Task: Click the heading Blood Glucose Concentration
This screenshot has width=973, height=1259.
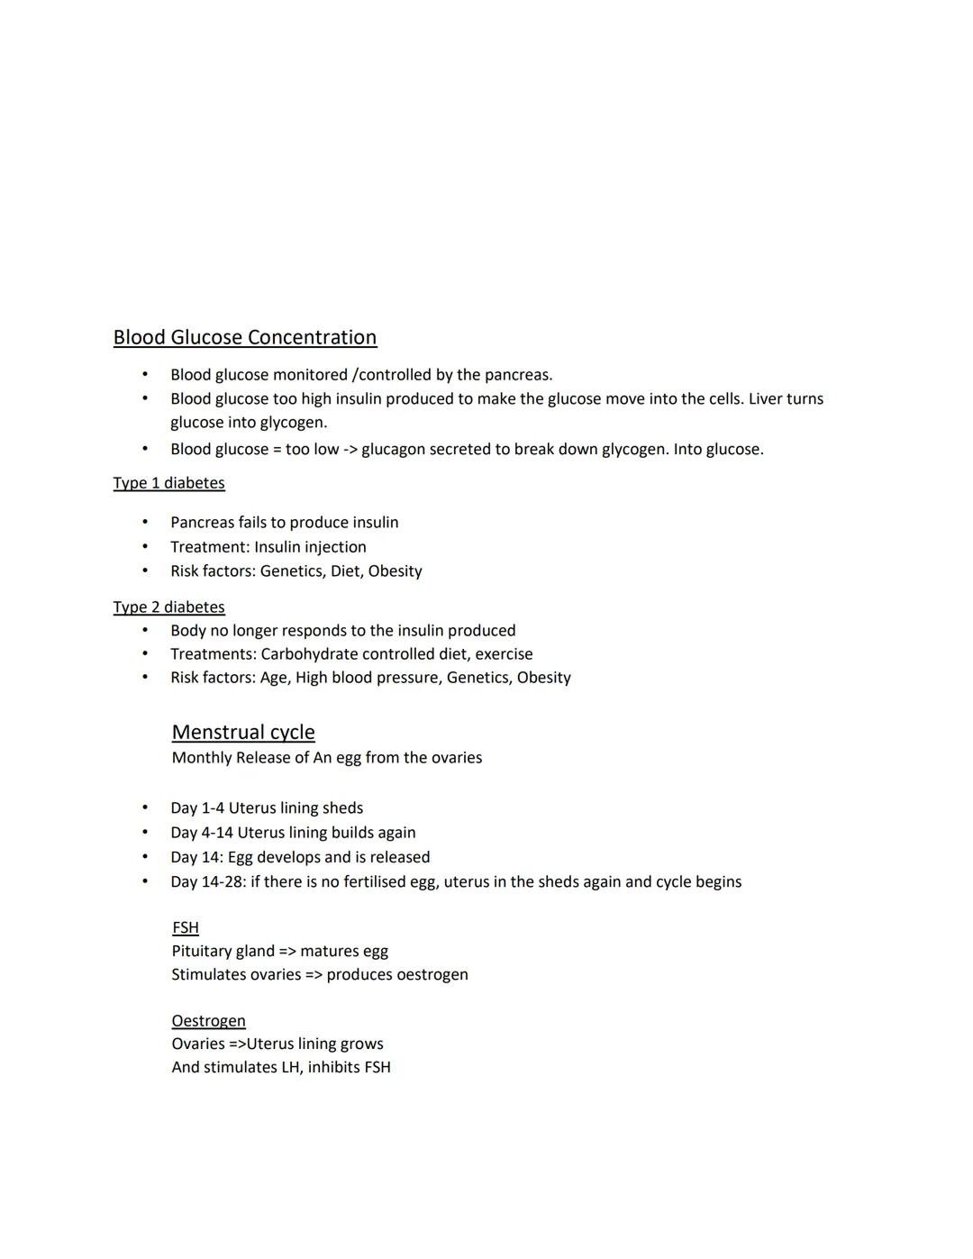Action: tap(244, 337)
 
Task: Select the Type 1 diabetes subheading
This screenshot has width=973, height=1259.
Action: tap(168, 483)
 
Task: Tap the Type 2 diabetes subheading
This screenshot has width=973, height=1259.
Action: tap(168, 607)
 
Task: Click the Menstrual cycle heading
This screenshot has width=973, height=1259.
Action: tap(243, 732)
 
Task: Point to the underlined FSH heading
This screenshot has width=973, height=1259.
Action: tap(185, 927)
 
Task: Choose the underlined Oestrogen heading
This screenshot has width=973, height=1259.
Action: tap(208, 1020)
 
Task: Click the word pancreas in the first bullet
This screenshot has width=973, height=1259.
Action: tap(517, 375)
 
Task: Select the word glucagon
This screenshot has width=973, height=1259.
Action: tap(394, 449)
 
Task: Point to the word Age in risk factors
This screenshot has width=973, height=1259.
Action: tap(273, 678)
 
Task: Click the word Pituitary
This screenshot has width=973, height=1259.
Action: tap(200, 951)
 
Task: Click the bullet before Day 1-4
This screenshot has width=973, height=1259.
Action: tap(144, 808)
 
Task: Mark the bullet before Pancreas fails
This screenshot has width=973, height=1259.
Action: tap(144, 523)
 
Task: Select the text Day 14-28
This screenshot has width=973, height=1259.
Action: tap(206, 881)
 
